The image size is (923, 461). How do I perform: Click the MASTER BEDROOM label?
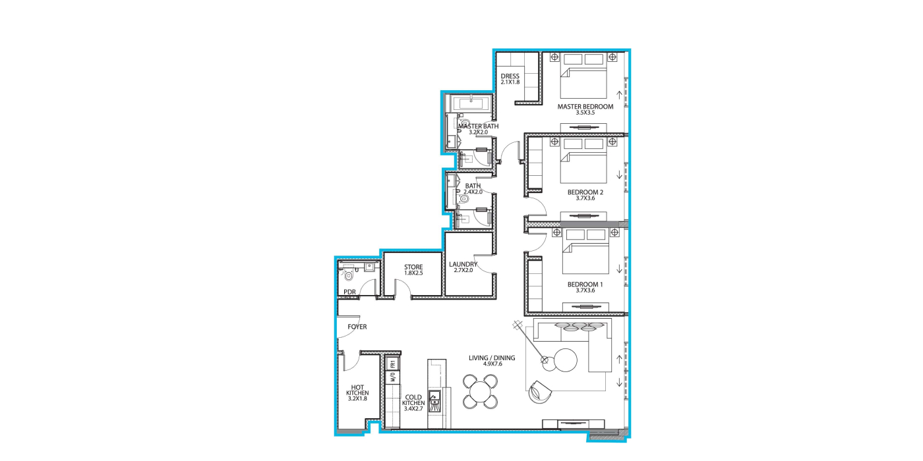click(585, 107)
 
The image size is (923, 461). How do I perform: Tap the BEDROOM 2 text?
click(585, 192)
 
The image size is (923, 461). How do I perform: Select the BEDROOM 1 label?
click(585, 285)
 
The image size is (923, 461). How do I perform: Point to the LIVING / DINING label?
click(492, 358)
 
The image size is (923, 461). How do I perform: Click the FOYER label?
click(357, 327)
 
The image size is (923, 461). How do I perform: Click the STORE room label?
click(413, 267)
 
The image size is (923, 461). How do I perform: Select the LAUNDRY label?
click(463, 264)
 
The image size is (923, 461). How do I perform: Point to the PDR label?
click(349, 292)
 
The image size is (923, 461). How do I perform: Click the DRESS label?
click(510, 76)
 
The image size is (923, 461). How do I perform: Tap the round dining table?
click(480, 391)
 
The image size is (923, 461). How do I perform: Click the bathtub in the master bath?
click(471, 103)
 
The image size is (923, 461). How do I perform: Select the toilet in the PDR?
click(349, 275)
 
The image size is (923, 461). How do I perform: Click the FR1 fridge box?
click(393, 364)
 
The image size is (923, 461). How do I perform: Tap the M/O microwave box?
click(393, 377)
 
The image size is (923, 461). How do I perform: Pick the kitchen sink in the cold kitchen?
click(434, 401)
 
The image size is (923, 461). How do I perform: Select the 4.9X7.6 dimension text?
click(492, 364)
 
